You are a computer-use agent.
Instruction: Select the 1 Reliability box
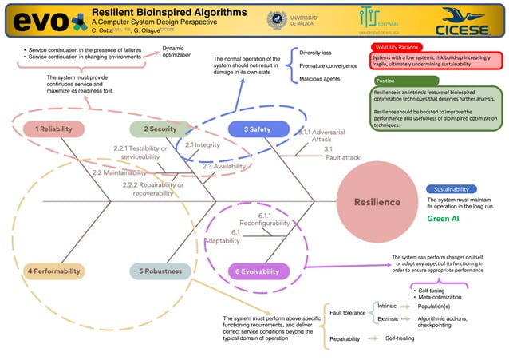click(x=49, y=129)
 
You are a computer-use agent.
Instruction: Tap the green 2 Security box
click(x=160, y=129)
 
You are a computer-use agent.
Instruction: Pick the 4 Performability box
click(x=54, y=271)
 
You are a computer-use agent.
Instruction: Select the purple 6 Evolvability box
click(x=259, y=271)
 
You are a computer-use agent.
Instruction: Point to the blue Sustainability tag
click(x=451, y=189)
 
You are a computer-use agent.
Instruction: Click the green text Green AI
click(x=443, y=218)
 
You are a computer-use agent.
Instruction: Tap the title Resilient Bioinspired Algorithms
click(x=169, y=13)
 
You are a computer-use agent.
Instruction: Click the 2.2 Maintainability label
click(x=118, y=172)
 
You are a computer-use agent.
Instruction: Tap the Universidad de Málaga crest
click(x=278, y=20)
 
